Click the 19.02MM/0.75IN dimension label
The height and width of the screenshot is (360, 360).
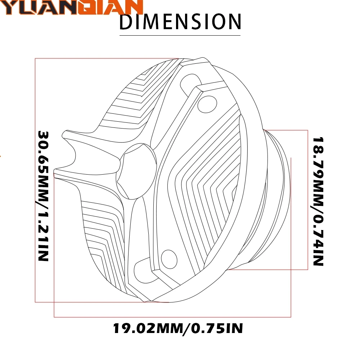[178, 328]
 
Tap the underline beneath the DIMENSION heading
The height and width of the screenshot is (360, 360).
[180, 35]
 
